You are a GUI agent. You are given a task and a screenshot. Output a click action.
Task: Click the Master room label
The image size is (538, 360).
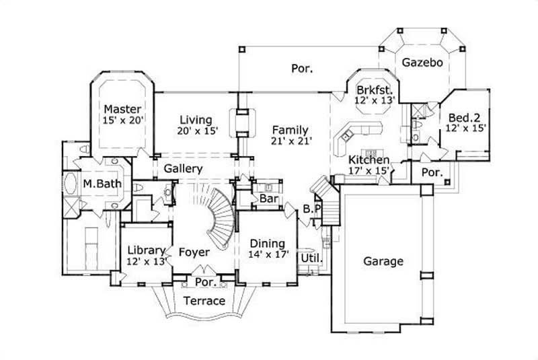(x=122, y=108)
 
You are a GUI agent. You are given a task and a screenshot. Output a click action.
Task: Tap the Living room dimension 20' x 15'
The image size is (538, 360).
(x=198, y=132)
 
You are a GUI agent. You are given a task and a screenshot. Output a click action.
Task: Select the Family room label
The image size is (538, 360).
(x=290, y=130)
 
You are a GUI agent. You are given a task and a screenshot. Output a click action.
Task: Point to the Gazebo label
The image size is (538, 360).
(x=422, y=63)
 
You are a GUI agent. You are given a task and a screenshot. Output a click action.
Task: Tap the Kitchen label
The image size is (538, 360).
(x=369, y=160)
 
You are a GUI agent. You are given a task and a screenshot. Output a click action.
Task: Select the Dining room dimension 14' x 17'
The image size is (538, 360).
(x=269, y=255)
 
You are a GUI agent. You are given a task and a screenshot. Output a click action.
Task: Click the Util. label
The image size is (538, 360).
(x=311, y=257)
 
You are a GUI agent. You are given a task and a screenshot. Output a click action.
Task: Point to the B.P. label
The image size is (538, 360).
(x=312, y=209)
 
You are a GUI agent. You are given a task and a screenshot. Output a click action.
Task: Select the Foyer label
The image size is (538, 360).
(x=194, y=252)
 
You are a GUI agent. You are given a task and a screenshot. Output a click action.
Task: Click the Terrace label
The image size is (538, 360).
(x=204, y=300)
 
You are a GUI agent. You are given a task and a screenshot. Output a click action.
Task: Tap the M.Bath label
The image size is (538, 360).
(x=97, y=183)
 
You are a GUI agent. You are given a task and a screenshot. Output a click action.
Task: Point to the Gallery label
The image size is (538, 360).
(x=183, y=168)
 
